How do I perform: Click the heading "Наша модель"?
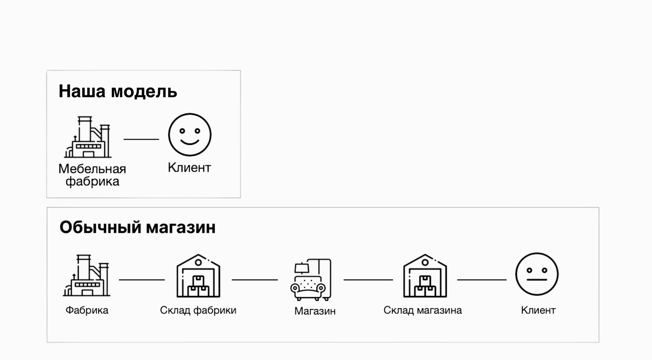coord(118,92)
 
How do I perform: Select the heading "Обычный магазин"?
coord(137,228)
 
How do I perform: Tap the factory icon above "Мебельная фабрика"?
coord(88,137)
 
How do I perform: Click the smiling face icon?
coord(189,135)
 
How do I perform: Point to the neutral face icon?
coord(537,274)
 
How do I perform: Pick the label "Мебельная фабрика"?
coord(92,175)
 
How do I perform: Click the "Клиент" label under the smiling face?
coord(189,168)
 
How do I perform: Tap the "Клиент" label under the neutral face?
coord(538,310)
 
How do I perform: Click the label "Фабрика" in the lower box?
coord(87,310)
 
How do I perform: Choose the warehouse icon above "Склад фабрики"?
coord(198,276)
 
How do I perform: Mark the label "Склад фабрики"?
coord(198,310)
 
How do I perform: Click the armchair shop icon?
coord(311,280)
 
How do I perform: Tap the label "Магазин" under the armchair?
coord(315,311)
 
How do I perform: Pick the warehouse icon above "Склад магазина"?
coord(425,276)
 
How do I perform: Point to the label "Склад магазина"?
coord(423,310)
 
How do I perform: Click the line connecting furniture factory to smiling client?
coord(141,139)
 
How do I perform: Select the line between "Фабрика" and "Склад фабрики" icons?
coord(142,280)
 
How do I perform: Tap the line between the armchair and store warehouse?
coord(368,280)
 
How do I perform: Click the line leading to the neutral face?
coord(482,280)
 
